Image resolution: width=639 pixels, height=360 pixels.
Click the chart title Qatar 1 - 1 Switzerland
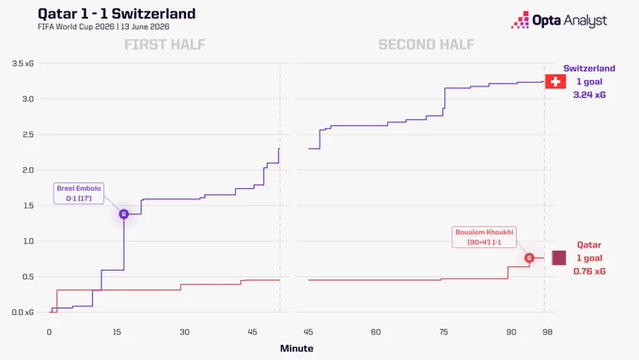(x=117, y=14)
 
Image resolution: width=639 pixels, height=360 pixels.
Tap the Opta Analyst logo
(x=559, y=20)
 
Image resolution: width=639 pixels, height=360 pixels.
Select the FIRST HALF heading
(x=164, y=44)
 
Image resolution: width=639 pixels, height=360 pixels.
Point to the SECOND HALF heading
(x=427, y=44)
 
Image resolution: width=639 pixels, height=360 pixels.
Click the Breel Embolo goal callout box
(x=79, y=194)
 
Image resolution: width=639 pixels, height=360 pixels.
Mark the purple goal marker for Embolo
(x=124, y=214)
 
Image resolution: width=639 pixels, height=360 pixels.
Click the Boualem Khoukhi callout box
(x=484, y=237)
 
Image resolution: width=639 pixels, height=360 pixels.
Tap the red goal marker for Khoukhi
(x=529, y=258)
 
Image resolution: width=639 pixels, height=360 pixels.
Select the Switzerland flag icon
(x=555, y=82)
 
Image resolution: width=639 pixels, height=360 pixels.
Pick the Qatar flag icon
(x=559, y=258)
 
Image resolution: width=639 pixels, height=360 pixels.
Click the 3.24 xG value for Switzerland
(x=589, y=95)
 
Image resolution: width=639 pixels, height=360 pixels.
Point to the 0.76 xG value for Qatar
(x=589, y=272)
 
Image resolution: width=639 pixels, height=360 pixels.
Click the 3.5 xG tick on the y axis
(x=23, y=64)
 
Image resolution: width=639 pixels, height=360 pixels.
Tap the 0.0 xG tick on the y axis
(x=23, y=312)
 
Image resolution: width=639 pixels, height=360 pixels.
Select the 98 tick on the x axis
(x=547, y=333)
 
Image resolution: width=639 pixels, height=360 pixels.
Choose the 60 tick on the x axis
(x=376, y=333)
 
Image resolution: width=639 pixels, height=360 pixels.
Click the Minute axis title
(x=297, y=349)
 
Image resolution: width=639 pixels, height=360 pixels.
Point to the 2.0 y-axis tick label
(x=28, y=170)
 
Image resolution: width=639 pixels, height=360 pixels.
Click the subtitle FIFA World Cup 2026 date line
(x=103, y=27)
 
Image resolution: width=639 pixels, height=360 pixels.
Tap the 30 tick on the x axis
(x=184, y=333)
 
